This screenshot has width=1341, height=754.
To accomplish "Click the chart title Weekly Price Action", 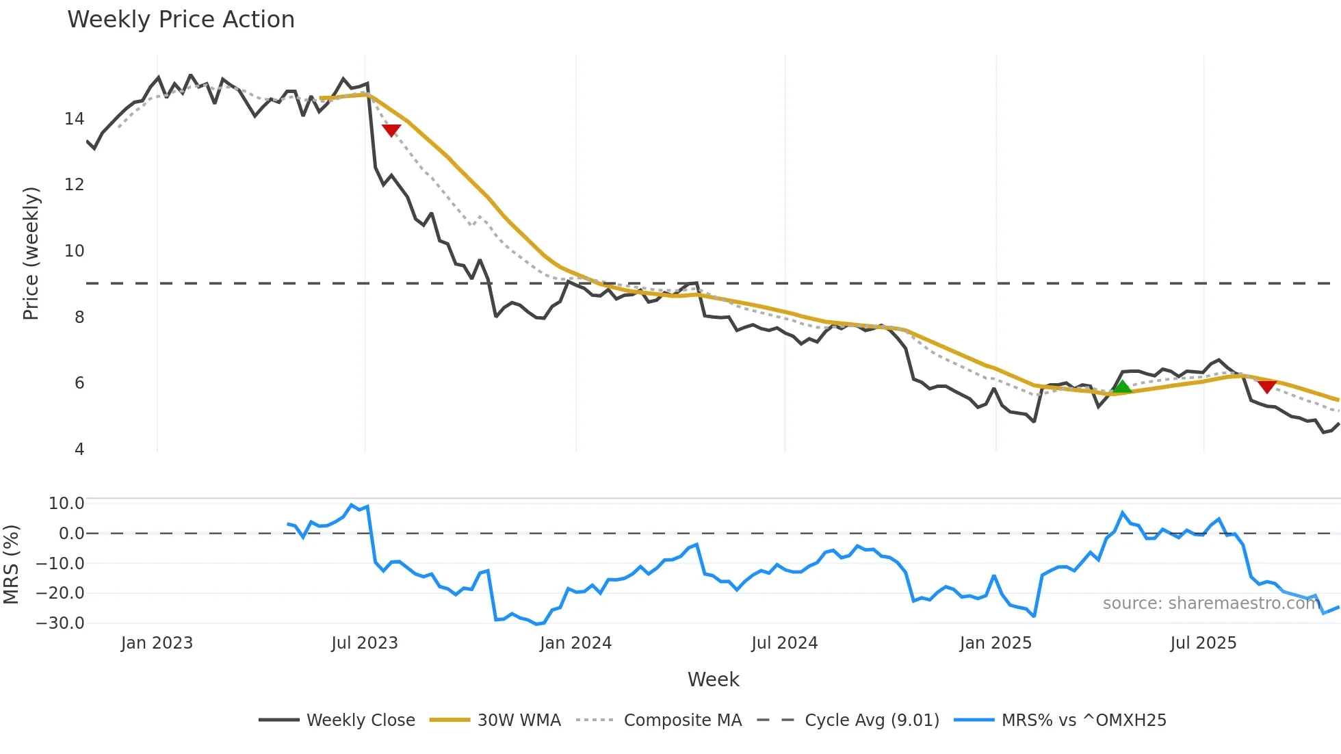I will (x=181, y=20).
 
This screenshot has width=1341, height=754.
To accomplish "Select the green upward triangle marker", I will (x=1122, y=387).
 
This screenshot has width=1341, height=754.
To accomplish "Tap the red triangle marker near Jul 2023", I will (x=391, y=130).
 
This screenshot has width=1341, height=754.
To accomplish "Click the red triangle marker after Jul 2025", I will (x=1267, y=387).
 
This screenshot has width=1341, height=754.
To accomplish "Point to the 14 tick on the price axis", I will (x=74, y=119).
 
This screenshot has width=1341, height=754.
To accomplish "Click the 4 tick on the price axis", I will (x=79, y=450).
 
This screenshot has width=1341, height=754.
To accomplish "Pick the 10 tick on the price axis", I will (x=74, y=251).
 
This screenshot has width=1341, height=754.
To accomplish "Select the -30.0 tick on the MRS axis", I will (x=60, y=623).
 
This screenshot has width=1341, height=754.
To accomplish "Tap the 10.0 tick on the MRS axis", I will (x=66, y=504).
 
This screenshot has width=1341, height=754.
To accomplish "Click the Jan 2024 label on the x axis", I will (x=575, y=643).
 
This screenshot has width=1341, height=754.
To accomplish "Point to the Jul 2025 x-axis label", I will (x=1203, y=643).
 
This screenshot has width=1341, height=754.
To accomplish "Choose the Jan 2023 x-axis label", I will (x=157, y=643).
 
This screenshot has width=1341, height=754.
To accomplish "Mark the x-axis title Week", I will (x=713, y=679).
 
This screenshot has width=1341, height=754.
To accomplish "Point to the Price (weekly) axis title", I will (x=31, y=253).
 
